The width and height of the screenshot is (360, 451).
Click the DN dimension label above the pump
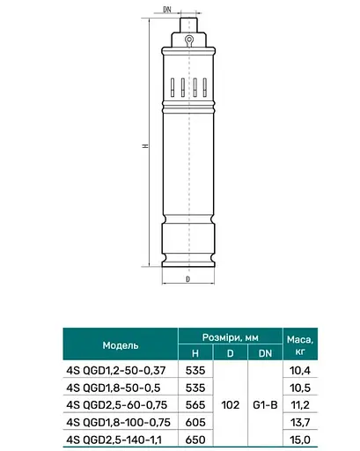click(167, 10)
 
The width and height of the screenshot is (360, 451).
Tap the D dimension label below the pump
click(188, 279)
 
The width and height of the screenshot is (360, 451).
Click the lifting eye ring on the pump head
click(188, 40)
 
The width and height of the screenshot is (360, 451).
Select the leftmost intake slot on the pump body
click(173, 87)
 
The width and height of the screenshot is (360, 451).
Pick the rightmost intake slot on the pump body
click(205, 87)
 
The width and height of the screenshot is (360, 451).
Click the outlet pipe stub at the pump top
click(188, 26)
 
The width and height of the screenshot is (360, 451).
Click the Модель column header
click(121, 345)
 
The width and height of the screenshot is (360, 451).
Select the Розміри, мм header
click(231, 337)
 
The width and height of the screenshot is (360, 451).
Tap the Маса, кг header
click(300, 344)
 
